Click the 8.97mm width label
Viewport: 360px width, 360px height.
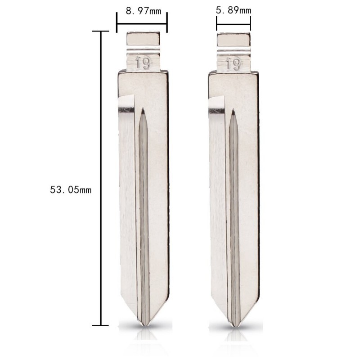point(142,11)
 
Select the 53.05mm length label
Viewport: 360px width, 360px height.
point(71,190)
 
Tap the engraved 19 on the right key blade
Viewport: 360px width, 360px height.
point(233,64)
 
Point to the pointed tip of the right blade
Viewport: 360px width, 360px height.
point(234,324)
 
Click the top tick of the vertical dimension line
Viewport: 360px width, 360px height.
point(100,31)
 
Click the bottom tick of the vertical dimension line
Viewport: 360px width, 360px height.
point(100,325)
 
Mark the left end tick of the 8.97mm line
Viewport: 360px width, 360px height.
point(117,22)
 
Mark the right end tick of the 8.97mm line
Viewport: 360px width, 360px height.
point(167,22)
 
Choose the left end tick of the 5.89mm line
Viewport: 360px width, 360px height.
point(217,22)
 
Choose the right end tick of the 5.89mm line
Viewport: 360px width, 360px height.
point(250,22)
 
